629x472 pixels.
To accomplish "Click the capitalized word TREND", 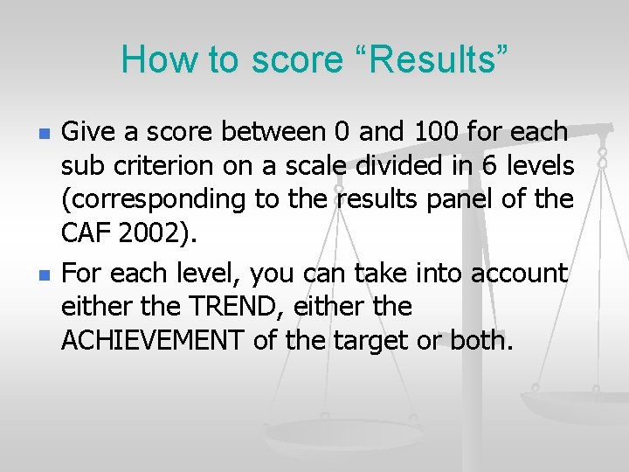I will tap(209, 307).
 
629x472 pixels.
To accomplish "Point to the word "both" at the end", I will tap(480, 340).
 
